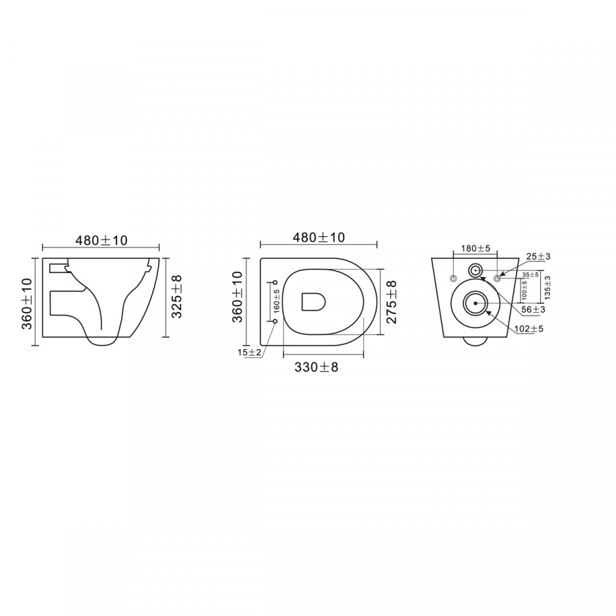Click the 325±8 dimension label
click(177, 296)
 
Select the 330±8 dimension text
click(316, 368)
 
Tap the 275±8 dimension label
click(392, 302)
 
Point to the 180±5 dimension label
click(476, 248)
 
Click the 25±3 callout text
click(538, 257)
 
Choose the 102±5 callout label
click(529, 329)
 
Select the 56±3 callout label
click(533, 309)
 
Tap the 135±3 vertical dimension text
click(548, 287)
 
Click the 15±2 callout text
click(249, 352)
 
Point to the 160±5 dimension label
click(277, 301)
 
